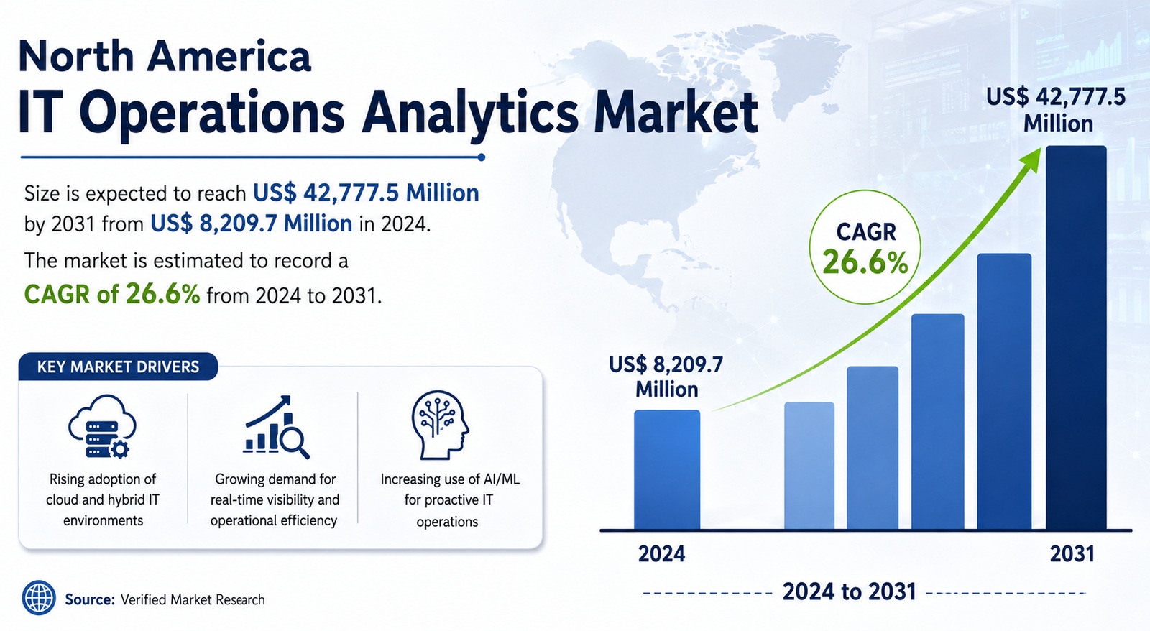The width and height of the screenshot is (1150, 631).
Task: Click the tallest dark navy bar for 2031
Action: click(1076, 337)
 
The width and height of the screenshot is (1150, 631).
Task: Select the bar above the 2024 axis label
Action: click(667, 469)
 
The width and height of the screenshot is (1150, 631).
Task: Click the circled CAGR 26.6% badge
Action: click(865, 247)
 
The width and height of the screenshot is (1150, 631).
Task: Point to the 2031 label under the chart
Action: click(1072, 554)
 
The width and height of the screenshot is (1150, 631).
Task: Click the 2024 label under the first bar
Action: click(661, 554)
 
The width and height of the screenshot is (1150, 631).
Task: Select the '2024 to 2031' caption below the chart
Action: click(849, 591)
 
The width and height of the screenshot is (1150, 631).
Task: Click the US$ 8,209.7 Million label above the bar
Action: click(666, 377)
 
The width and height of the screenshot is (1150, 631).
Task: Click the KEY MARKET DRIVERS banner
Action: click(118, 367)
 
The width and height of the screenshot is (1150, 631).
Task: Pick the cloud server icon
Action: click(102, 426)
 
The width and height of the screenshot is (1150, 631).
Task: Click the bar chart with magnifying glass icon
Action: click(277, 427)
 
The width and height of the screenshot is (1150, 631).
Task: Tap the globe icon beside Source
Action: click(39, 598)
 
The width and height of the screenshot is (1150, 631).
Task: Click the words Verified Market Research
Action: click(193, 599)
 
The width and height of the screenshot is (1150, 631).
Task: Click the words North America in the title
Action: click(165, 57)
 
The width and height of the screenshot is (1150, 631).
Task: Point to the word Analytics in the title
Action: click(470, 112)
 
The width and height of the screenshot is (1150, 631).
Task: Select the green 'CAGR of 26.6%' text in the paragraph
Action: click(112, 295)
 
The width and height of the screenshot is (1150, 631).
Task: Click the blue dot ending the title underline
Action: click(481, 157)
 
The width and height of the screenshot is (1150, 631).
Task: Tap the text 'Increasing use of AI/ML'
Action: click(450, 479)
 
